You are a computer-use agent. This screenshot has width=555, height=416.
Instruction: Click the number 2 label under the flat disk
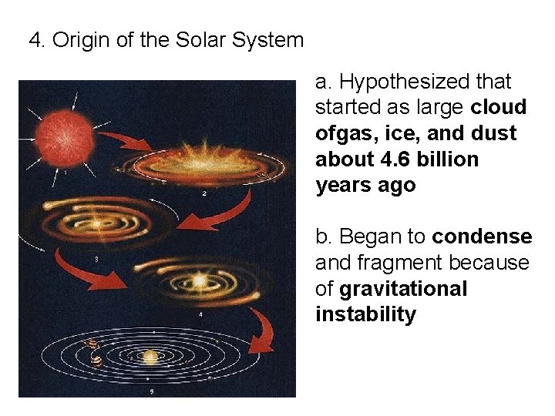[203, 194]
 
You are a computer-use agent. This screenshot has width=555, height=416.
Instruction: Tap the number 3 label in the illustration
[95, 260]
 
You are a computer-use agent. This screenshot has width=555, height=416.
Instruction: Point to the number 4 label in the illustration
[200, 314]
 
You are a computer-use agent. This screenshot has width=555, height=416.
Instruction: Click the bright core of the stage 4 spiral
[198, 281]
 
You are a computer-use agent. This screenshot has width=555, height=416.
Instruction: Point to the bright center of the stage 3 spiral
[96, 224]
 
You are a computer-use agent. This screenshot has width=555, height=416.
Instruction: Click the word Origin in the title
[82, 40]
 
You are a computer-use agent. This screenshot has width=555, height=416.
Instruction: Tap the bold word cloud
[499, 107]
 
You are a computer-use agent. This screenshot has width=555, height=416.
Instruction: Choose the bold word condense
[481, 237]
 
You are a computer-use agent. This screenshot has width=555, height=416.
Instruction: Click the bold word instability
[365, 315]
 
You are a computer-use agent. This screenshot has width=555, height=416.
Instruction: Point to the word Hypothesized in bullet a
[399, 81]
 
